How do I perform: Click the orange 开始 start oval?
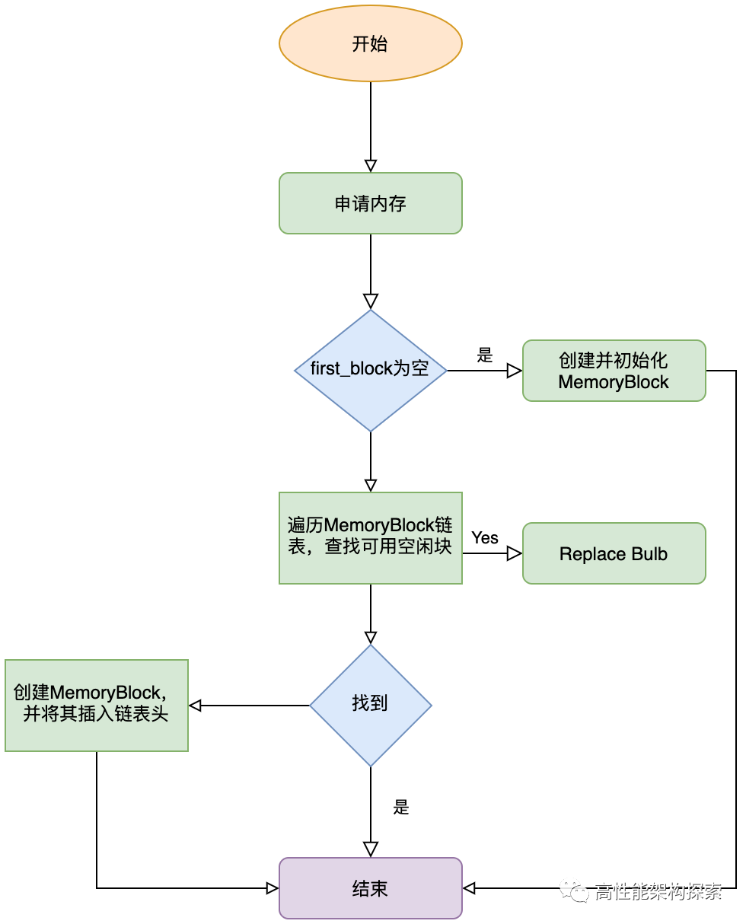click(371, 44)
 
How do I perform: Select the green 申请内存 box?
click(371, 203)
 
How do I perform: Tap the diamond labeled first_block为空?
click(371, 371)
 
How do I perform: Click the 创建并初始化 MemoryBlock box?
click(614, 371)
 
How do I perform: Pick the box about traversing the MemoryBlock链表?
click(371, 537)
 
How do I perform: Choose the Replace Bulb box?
click(614, 553)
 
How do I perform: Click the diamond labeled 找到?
click(371, 705)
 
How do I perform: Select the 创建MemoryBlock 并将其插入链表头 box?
click(97, 705)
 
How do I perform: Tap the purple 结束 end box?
click(371, 888)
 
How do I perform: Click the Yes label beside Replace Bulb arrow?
click(485, 537)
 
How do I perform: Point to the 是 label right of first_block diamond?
click(485, 355)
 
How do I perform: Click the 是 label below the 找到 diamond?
click(401, 808)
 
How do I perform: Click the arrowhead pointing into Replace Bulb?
click(515, 553)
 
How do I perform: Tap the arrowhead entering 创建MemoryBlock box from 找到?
click(195, 706)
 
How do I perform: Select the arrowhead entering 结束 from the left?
click(272, 888)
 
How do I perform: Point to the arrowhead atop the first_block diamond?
click(371, 301)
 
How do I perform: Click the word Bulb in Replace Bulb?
click(649, 554)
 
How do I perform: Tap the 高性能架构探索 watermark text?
click(658, 891)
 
